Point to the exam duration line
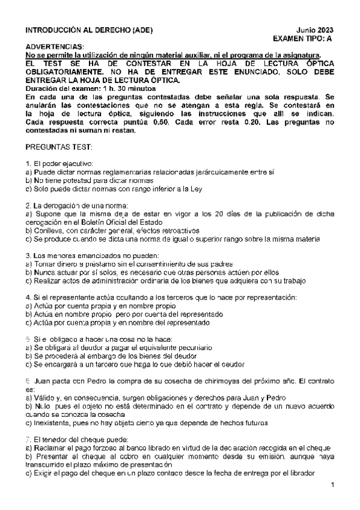point(82,88)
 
